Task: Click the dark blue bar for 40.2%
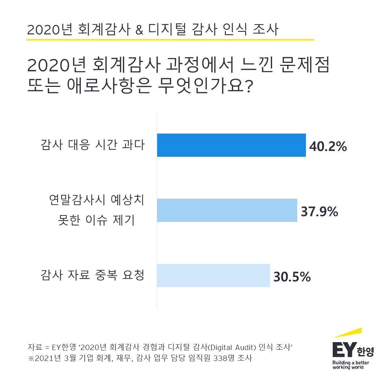coord(231,145)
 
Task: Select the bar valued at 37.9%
coord(227,210)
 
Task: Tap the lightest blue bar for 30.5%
coord(213,276)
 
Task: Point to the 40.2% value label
coord(328,147)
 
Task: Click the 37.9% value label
coord(319,212)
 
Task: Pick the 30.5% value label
coord(292,277)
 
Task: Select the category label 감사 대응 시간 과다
coord(92,145)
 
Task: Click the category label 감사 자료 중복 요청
coord(92,275)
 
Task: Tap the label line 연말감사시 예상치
coord(97,201)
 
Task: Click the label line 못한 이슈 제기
coord(97,220)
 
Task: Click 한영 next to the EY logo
coord(365,351)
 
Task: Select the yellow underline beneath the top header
coord(170,39)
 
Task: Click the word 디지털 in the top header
coord(167,30)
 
